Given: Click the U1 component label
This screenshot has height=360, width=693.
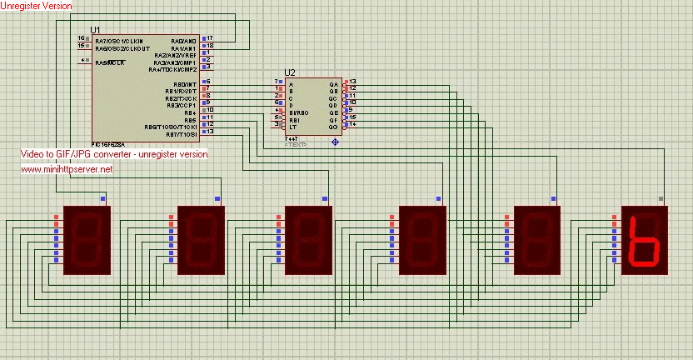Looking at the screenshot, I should click(95, 30).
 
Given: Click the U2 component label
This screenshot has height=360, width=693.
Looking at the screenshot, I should click(290, 72).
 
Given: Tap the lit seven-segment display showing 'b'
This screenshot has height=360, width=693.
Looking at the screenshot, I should click(646, 242).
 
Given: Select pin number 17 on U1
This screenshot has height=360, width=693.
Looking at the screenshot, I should click(210, 38).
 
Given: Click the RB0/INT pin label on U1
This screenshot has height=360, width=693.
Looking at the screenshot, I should click(184, 83).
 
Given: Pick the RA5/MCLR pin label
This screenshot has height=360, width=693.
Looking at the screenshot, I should click(111, 62).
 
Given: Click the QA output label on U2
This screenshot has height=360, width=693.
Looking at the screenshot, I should click(334, 84).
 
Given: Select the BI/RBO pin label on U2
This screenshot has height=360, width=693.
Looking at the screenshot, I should click(298, 112).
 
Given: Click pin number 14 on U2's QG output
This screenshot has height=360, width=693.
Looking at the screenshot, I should click(352, 125).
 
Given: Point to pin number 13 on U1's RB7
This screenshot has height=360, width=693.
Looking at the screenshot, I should click(210, 132).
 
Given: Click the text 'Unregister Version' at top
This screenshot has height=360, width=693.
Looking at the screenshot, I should click(36, 6).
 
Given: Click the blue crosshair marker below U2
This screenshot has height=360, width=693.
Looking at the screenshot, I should click(336, 142).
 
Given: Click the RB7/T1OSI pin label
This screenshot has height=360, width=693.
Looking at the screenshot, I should click(181, 133).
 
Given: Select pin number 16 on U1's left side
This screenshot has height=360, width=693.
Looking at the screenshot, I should click(82, 38).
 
